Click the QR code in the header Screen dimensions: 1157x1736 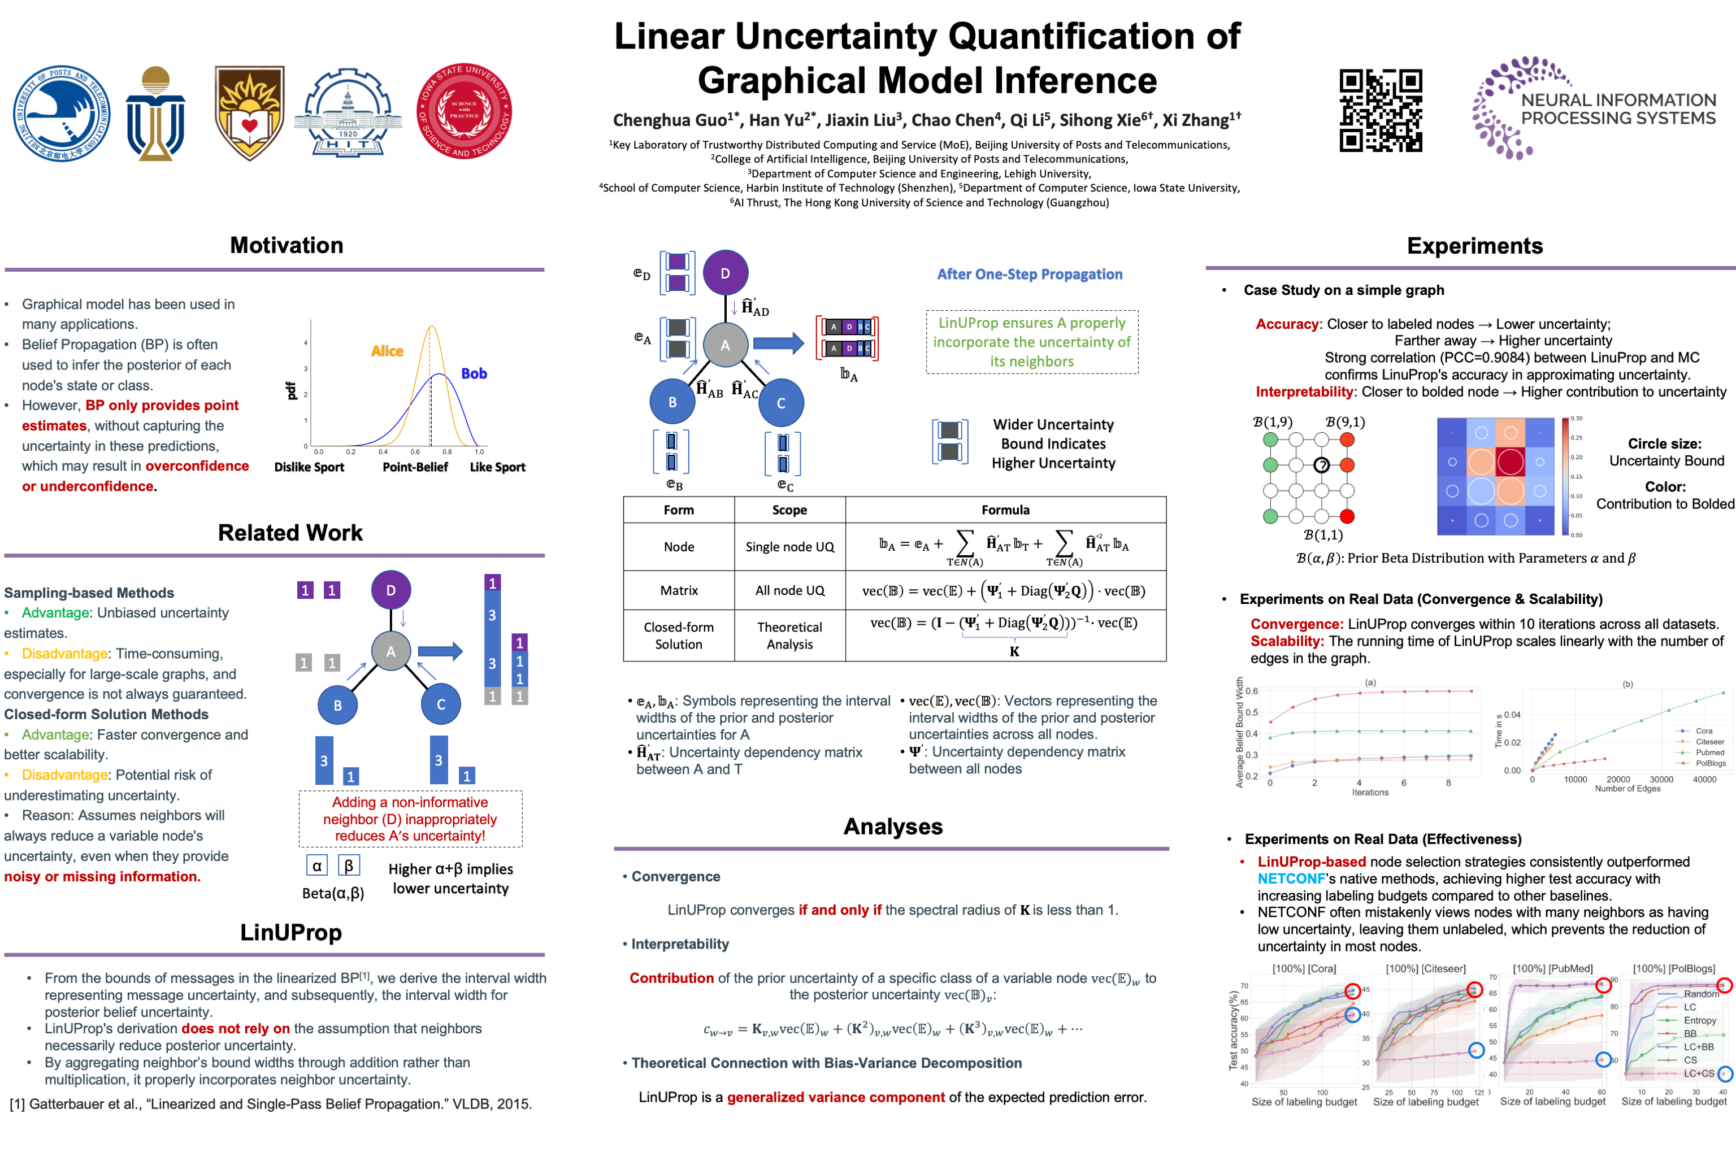pyautogui.click(x=1380, y=111)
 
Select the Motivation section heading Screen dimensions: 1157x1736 pyautogui.click(x=287, y=245)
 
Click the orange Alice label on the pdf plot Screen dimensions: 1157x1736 pyautogui.click(x=387, y=351)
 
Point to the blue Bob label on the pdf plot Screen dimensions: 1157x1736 pyautogui.click(x=474, y=373)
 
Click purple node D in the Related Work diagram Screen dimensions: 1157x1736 pyautogui.click(x=390, y=590)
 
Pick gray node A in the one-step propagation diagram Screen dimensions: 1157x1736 pyautogui.click(x=725, y=345)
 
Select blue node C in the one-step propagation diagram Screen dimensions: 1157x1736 pyautogui.click(x=781, y=403)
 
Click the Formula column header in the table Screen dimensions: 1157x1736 pyautogui.click(x=1005, y=510)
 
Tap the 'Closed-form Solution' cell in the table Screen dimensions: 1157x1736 pyautogui.click(x=678, y=636)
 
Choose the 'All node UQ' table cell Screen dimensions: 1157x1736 pyautogui.click(x=789, y=590)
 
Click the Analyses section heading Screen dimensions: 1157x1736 pyautogui.click(x=892, y=827)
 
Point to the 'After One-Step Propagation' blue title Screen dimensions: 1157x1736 pyautogui.click(x=1029, y=275)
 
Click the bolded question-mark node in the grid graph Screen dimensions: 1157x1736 pyautogui.click(x=1321, y=465)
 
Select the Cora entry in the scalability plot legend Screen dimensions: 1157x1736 pyautogui.click(x=1704, y=730)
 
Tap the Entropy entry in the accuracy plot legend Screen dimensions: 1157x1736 pyautogui.click(x=1699, y=1020)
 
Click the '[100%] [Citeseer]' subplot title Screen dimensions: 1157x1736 pyautogui.click(x=1425, y=968)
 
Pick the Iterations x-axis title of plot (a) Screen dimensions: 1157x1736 pyautogui.click(x=1370, y=793)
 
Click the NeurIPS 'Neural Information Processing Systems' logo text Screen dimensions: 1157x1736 pyautogui.click(x=1618, y=109)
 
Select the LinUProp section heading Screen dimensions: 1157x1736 pyautogui.click(x=291, y=933)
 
